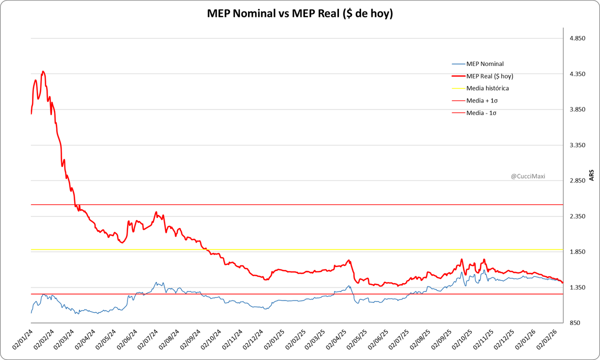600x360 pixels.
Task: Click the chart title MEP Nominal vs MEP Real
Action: tap(300, 14)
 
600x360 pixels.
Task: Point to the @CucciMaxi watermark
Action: tap(528, 176)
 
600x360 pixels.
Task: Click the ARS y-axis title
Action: tap(591, 175)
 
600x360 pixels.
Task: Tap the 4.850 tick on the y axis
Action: tap(578, 38)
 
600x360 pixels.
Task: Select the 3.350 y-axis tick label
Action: tap(578, 145)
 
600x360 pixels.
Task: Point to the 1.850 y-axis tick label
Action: tap(578, 251)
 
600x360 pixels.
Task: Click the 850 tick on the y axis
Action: tap(580, 322)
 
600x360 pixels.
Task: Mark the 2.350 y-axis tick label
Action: tap(578, 216)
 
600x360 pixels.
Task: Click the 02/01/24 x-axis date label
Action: tap(22, 340)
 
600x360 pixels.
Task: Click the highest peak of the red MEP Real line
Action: tap(43, 71)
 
